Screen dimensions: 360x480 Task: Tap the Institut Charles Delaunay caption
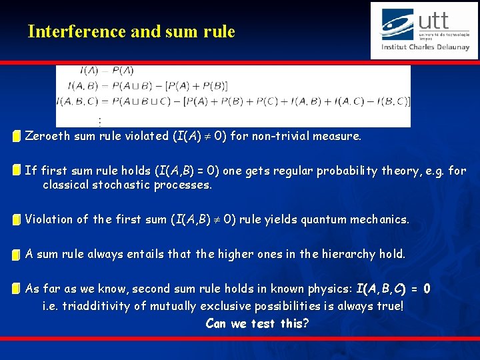[425, 47]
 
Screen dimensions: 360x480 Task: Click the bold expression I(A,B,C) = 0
[393, 289]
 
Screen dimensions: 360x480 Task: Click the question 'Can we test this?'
[257, 324]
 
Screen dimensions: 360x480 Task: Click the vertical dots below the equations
[99, 122]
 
